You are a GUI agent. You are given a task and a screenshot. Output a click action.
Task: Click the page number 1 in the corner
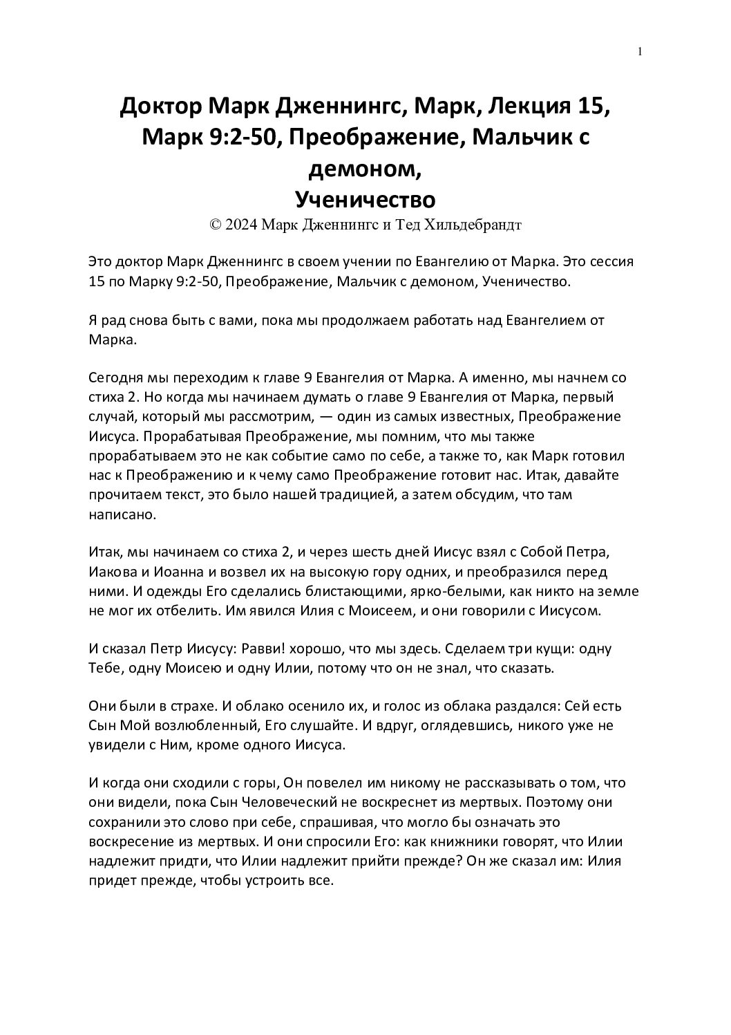tap(640, 51)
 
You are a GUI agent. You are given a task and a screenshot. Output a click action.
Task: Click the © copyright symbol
tap(214, 225)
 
